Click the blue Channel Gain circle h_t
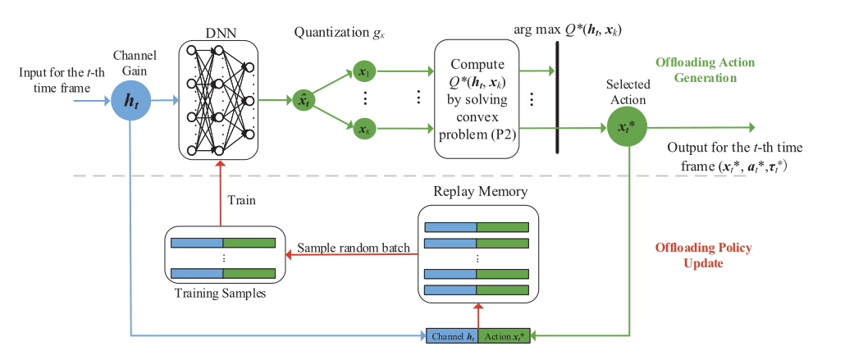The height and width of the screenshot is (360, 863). pos(131,101)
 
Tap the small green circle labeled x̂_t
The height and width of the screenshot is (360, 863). pos(304,101)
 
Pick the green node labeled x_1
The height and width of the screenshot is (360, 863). pos(363,72)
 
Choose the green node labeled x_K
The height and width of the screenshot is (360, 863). pos(363,128)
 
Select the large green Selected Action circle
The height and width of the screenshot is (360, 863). pos(628,129)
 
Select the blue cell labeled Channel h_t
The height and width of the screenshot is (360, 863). pos(450,335)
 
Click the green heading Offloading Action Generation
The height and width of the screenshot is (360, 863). pos(703,70)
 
